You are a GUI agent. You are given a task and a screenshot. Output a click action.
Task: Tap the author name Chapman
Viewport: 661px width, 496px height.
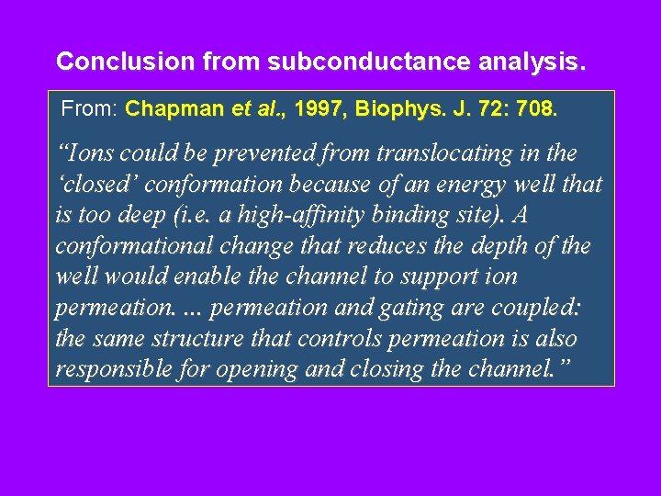pyautogui.click(x=176, y=109)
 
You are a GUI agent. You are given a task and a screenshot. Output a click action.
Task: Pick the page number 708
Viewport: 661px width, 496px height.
pyautogui.click(x=536, y=109)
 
